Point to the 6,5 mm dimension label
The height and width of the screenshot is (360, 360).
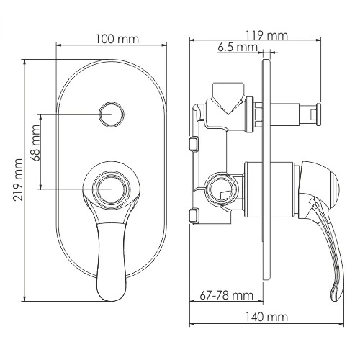tap(236, 48)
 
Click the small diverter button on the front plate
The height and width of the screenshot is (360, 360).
tap(111, 113)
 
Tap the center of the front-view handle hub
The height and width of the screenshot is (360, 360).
tap(110, 189)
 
